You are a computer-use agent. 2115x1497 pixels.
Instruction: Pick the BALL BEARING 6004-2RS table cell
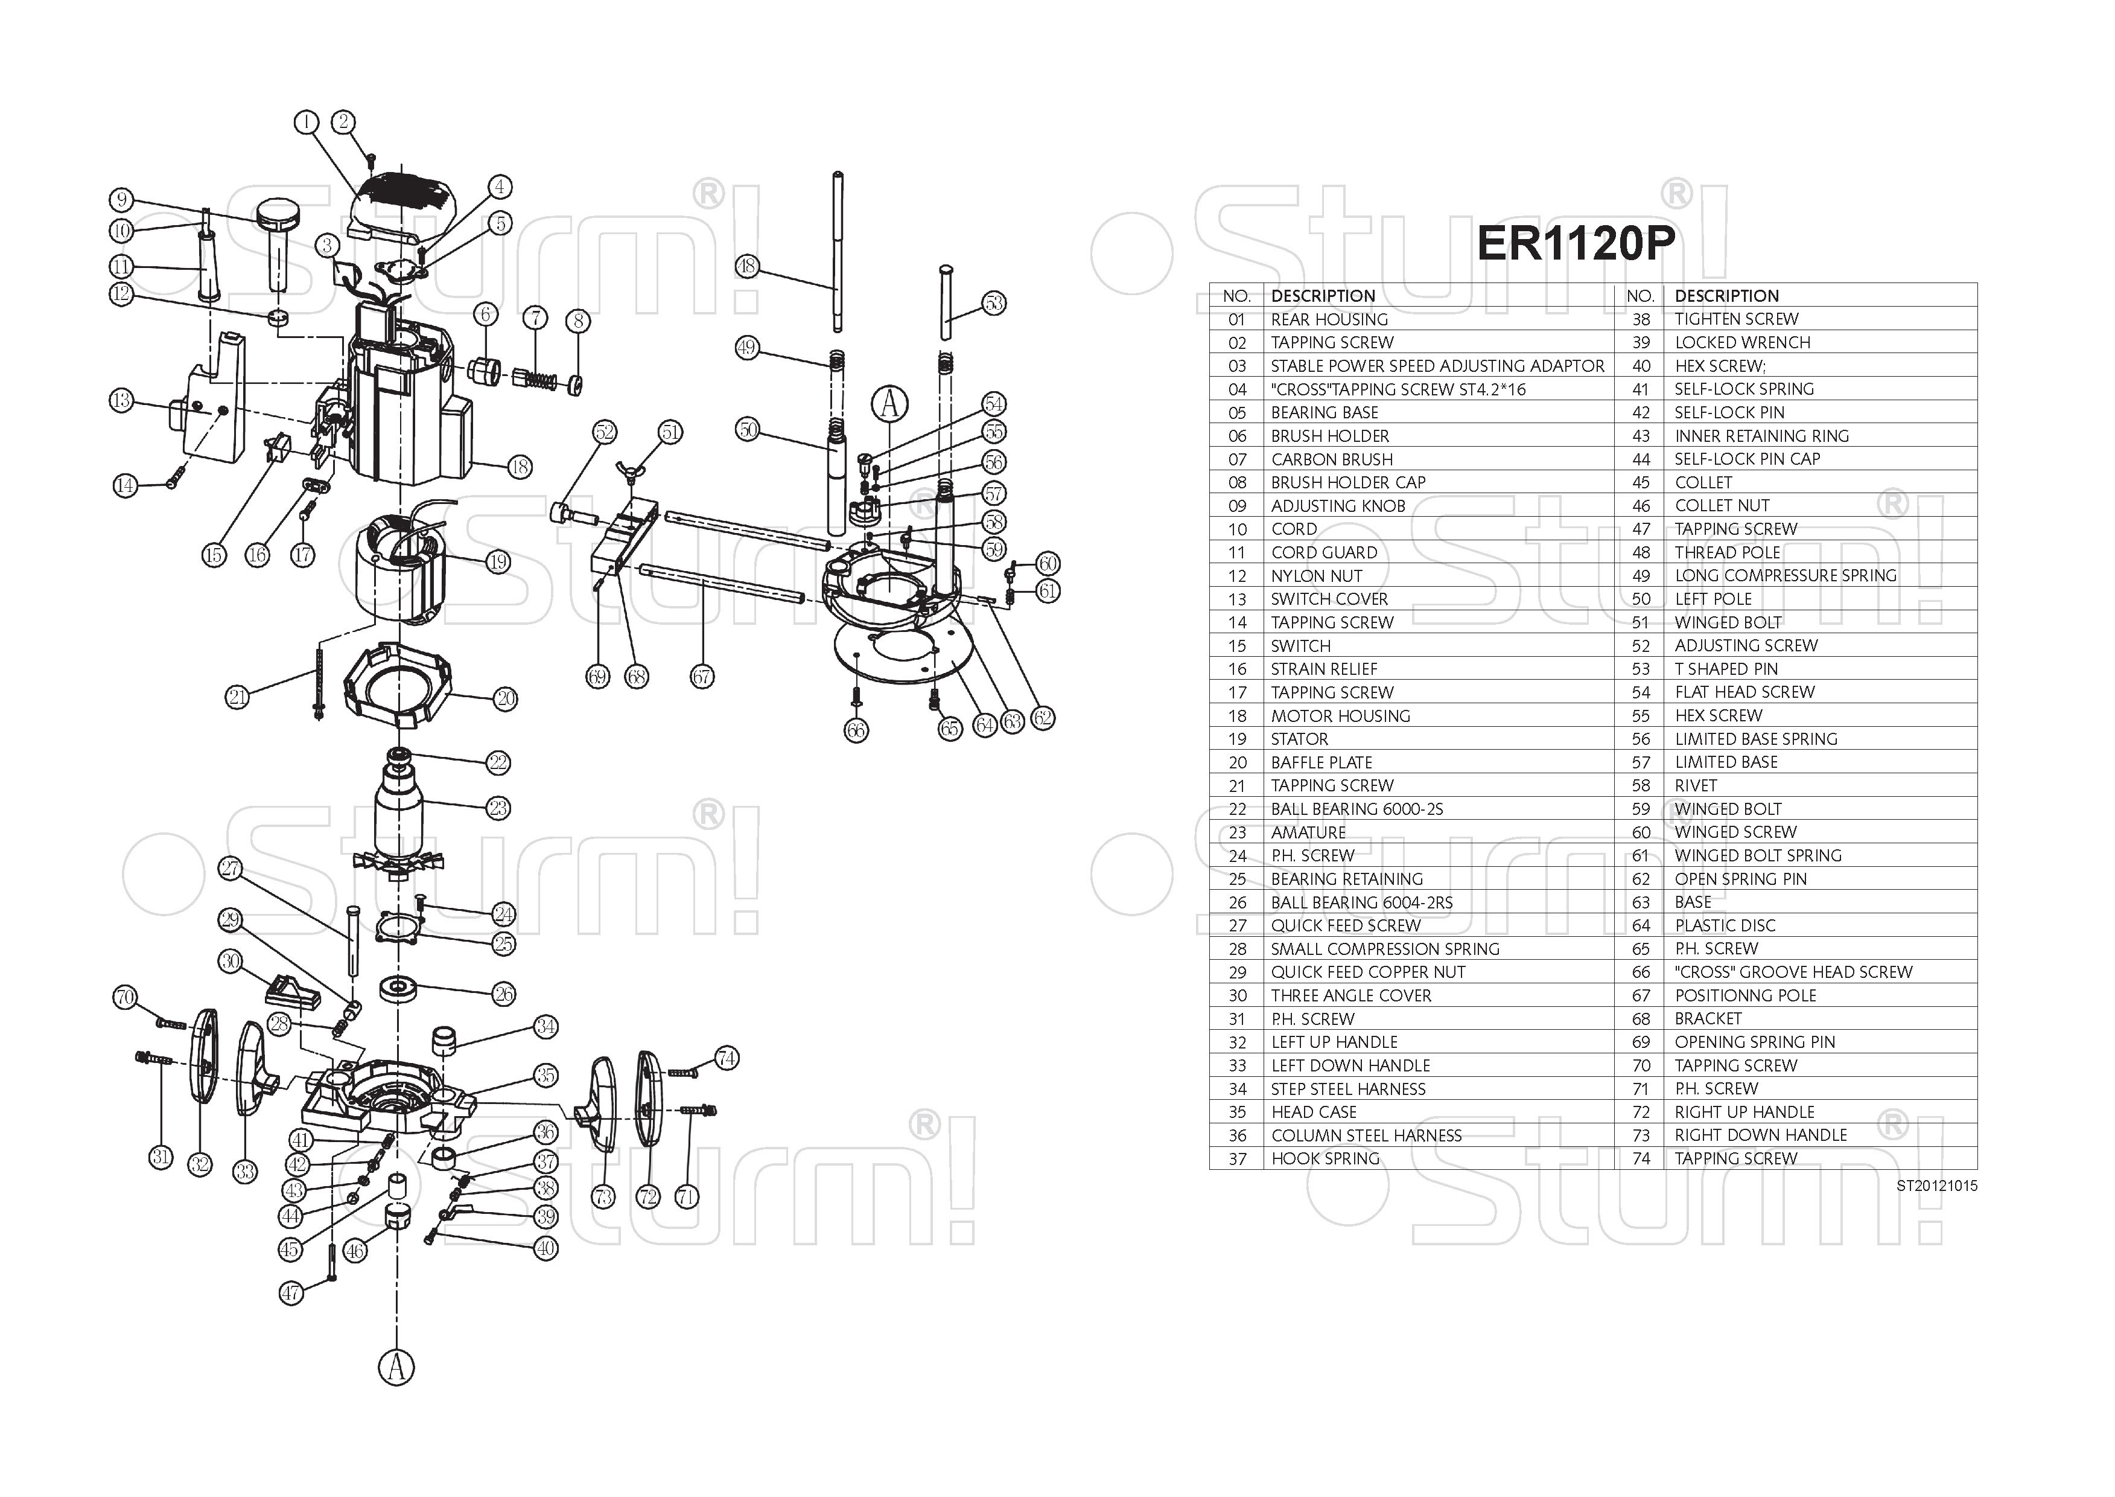[1361, 902]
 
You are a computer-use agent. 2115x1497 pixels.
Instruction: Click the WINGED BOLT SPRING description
[1757, 855]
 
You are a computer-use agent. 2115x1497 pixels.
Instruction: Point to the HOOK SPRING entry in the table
[1325, 1159]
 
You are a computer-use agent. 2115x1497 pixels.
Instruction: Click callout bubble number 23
[498, 808]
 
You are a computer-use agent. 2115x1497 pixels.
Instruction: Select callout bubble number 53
[993, 303]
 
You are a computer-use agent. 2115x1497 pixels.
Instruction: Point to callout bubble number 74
[726, 1058]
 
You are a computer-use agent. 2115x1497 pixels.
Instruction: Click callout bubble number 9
[121, 200]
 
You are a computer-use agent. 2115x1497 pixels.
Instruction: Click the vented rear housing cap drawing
[406, 203]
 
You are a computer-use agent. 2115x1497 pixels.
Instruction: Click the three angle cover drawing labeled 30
[290, 991]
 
